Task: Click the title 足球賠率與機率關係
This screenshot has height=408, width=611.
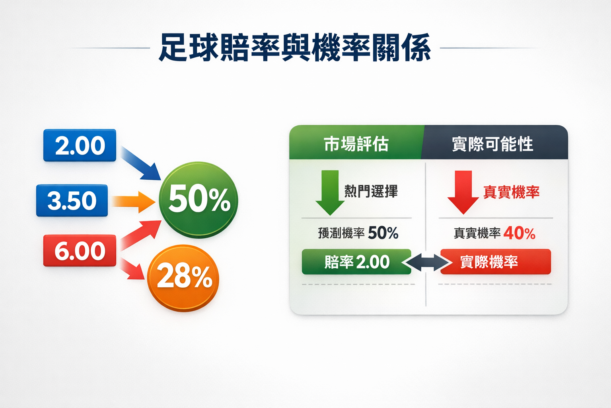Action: pos(294,48)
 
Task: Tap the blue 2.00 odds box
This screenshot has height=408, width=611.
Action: pos(80,145)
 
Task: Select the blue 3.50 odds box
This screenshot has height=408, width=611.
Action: pos(72,200)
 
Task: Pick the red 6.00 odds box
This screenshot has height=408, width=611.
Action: pos(80,251)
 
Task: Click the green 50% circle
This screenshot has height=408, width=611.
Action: pos(198,199)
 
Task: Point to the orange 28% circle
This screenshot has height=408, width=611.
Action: pos(183,277)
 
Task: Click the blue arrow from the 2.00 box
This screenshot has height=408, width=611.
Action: pos(140,163)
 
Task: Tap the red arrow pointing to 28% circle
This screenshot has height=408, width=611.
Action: pos(132,269)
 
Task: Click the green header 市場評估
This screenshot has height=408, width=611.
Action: pos(356,143)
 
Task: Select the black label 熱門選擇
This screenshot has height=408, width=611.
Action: pos(371,191)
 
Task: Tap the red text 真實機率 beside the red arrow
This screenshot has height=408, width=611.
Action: pos(511,192)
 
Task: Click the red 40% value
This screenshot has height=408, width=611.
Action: pos(520,233)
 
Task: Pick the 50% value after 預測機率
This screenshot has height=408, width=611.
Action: pos(383,233)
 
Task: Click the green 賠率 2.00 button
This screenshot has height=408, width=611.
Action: pos(356,262)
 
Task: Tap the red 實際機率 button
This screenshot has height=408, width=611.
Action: pos(495,262)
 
